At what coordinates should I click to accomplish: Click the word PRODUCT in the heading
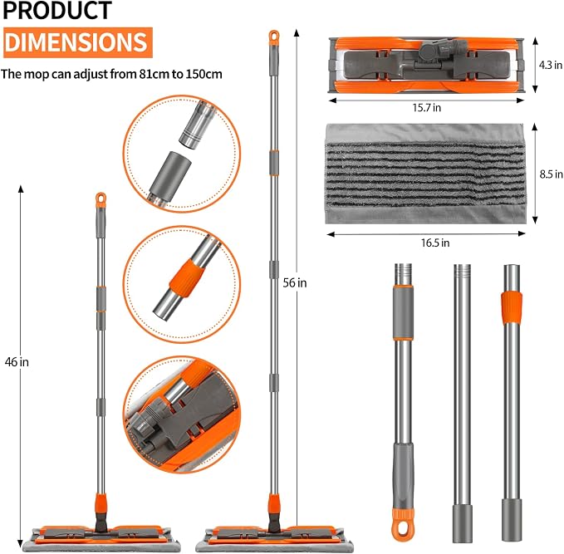(x=57, y=10)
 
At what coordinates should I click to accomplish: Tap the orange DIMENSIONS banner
(x=78, y=42)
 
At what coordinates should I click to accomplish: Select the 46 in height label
(x=17, y=362)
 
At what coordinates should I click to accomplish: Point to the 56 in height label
(x=295, y=283)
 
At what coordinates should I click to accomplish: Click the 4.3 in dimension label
(x=551, y=65)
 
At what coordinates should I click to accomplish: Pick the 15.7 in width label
(x=427, y=108)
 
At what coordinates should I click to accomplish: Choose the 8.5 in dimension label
(x=551, y=174)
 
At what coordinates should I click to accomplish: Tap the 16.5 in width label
(x=435, y=243)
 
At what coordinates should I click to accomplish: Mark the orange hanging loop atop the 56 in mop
(x=274, y=37)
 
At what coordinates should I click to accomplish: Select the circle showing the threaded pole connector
(x=182, y=154)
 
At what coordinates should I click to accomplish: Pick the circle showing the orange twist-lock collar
(x=182, y=285)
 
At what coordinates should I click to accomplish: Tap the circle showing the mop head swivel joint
(x=182, y=414)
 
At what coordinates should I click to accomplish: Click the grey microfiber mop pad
(x=425, y=174)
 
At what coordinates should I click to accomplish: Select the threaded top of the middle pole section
(x=462, y=274)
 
